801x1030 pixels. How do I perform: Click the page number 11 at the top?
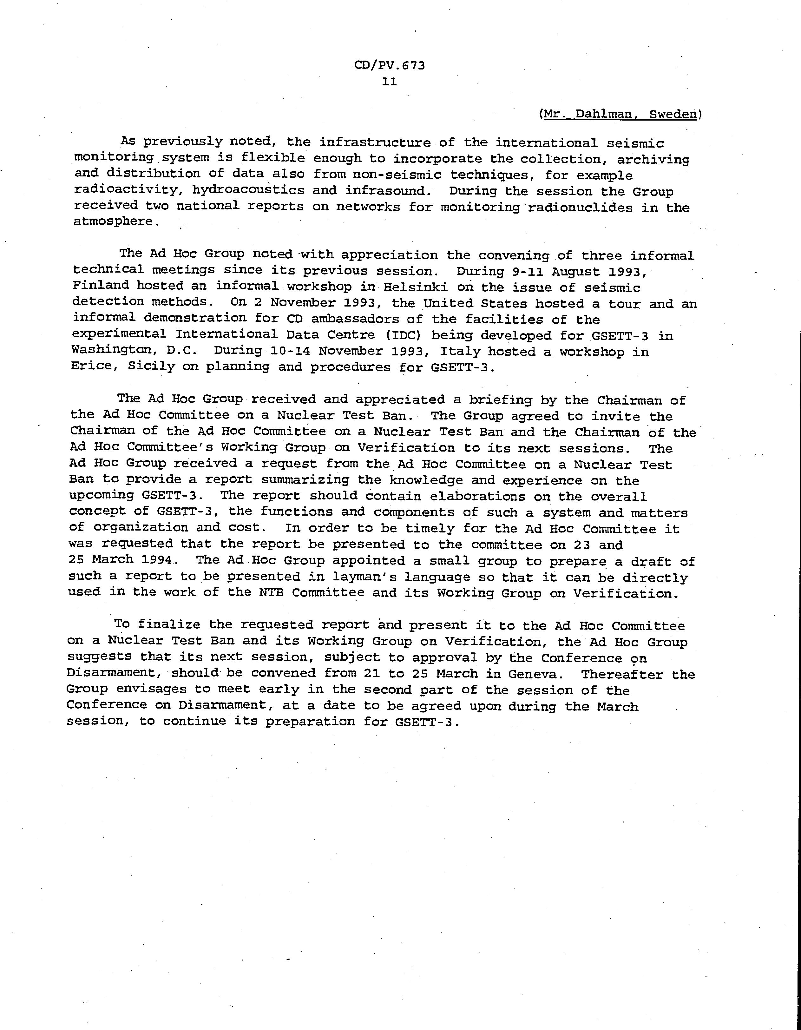[390, 82]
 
